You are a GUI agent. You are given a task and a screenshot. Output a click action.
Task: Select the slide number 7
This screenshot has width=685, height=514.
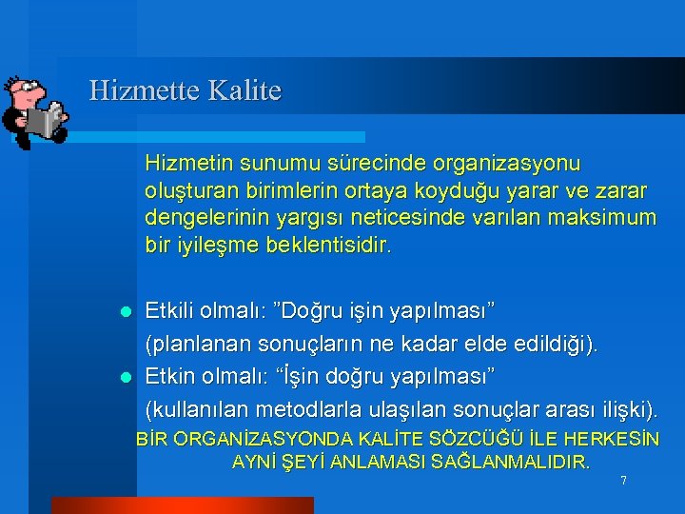click(623, 481)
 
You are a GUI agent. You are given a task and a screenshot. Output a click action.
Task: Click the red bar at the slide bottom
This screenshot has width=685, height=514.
click(142, 505)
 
